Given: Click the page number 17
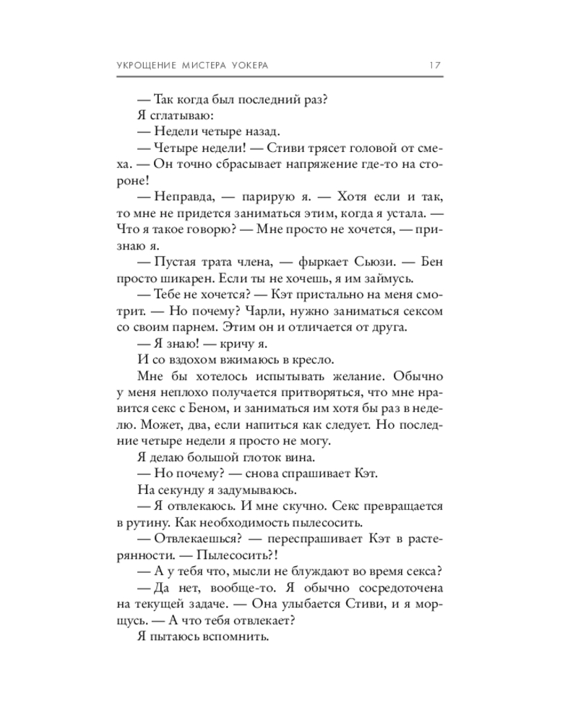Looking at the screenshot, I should click(x=435, y=65).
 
